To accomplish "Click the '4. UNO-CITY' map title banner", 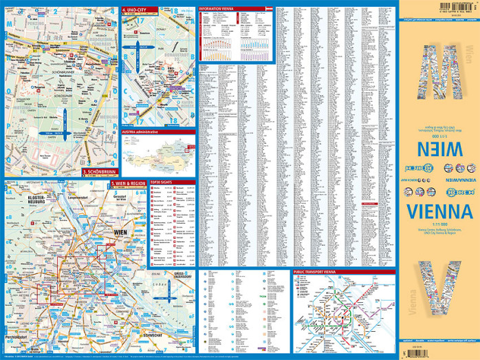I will click(x=135, y=9).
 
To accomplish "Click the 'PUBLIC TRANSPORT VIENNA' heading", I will click(x=319, y=272).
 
